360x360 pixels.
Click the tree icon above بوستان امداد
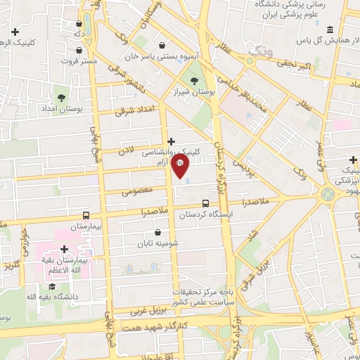pyautogui.click(x=61, y=97)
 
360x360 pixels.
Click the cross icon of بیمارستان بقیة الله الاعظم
pyautogui.click(x=64, y=249)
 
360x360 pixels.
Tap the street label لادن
pyautogui.click(x=126, y=150)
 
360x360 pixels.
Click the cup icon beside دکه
pyautogui.click(x=78, y=32)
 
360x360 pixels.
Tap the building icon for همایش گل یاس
pyautogui.click(x=330, y=30)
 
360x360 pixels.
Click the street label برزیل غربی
pyautogui.click(x=149, y=307)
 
